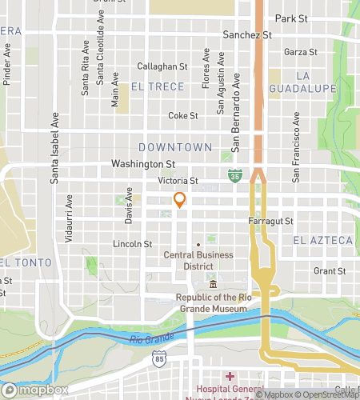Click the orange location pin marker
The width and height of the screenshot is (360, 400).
click(180, 200)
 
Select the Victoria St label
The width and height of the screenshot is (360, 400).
click(177, 180)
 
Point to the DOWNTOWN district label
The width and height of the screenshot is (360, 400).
click(175, 147)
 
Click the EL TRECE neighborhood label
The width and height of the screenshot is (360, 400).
click(158, 86)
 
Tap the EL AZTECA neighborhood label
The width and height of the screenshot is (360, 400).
click(322, 240)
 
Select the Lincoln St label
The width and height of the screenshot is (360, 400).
click(133, 243)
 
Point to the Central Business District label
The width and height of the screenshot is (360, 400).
click(198, 261)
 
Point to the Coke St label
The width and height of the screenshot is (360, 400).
click(182, 115)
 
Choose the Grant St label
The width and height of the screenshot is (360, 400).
click(329, 271)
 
